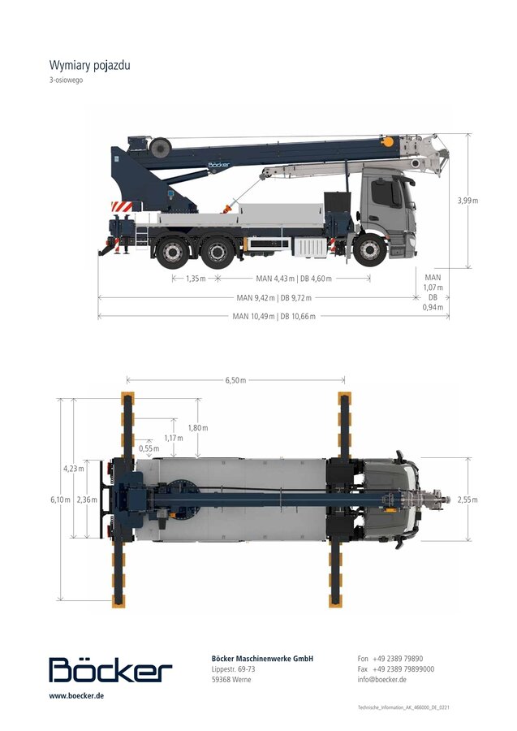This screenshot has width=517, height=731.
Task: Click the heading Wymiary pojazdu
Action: (90, 65)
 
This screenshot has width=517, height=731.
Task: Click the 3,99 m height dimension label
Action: (467, 201)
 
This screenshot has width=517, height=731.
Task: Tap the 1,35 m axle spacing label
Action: (196, 279)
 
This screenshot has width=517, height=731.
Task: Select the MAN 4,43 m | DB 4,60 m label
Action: (294, 279)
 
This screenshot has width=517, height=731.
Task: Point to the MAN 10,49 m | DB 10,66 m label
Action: (274, 316)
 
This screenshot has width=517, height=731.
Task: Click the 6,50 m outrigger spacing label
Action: (235, 380)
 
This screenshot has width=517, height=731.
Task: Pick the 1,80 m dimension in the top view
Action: (198, 428)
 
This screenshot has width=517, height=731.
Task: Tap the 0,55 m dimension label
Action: (149, 448)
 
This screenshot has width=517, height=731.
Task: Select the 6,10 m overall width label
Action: (61, 500)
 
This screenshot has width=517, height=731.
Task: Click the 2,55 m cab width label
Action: (467, 500)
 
